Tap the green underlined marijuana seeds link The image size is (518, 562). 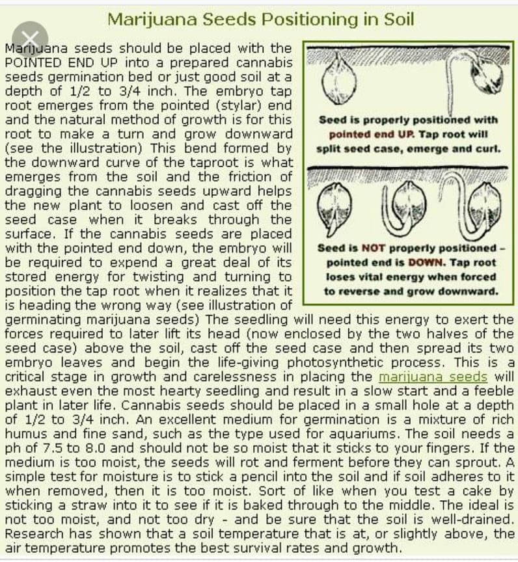click(x=433, y=377)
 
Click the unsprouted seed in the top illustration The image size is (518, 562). click(x=339, y=80)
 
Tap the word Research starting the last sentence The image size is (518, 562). click(x=32, y=534)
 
